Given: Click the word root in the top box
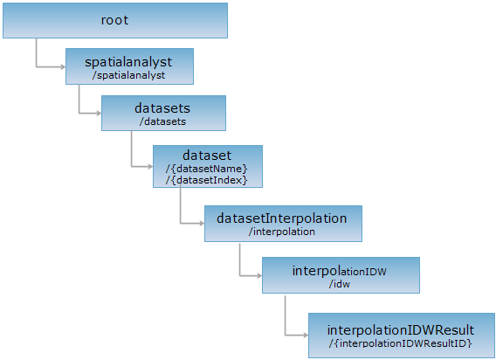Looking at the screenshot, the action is point(114,20).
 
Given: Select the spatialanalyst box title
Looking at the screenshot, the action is point(128,62).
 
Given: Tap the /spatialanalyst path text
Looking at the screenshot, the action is point(128,75).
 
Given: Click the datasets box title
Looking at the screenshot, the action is point(162,108).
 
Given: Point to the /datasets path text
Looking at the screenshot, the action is point(163,121).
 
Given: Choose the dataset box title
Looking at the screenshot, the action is point(207,156).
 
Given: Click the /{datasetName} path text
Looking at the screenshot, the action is point(207,169).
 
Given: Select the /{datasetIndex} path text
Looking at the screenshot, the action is point(207,180).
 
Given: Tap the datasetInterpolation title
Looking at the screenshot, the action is point(282,218).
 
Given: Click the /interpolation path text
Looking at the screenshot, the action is point(282,232).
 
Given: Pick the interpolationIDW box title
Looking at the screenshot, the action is point(340,271).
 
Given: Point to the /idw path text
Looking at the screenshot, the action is point(340,284).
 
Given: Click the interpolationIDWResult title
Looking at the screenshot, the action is point(401,330).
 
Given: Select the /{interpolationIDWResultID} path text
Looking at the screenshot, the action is point(401,343).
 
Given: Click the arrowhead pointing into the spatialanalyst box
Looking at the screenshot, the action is point(63,66).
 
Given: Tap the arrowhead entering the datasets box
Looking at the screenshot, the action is point(99,113).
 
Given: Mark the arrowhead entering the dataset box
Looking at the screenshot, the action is point(150,166).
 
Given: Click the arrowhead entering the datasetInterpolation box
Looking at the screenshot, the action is point(202,224).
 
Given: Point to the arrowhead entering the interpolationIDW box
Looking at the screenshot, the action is point(259,276).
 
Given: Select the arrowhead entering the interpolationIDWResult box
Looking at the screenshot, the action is point(306,335).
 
